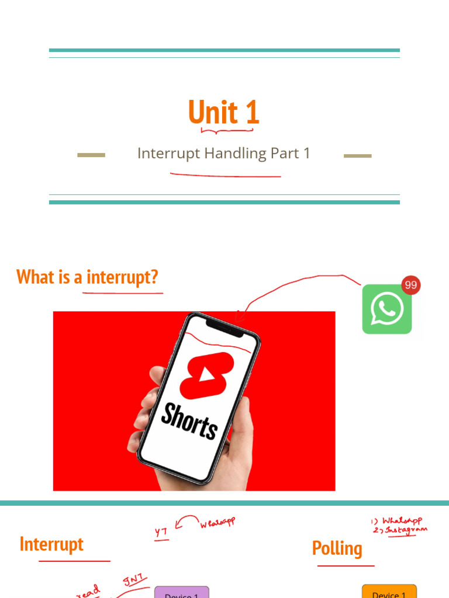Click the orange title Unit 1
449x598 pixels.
point(223,112)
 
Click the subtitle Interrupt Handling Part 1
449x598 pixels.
point(223,154)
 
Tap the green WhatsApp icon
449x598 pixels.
point(386,309)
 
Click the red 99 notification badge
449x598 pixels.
point(411,285)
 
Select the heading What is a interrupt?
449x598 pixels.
point(87,277)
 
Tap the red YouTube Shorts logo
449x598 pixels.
point(206,375)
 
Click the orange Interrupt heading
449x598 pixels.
point(51,544)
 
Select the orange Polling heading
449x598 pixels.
point(337,548)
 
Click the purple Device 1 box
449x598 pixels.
point(181,593)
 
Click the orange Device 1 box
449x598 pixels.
point(389,592)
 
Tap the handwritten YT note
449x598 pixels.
point(161,533)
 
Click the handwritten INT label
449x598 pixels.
point(135,580)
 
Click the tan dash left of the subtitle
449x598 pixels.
point(91,155)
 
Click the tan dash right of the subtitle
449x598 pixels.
point(357,156)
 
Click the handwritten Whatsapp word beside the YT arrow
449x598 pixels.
point(217,522)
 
